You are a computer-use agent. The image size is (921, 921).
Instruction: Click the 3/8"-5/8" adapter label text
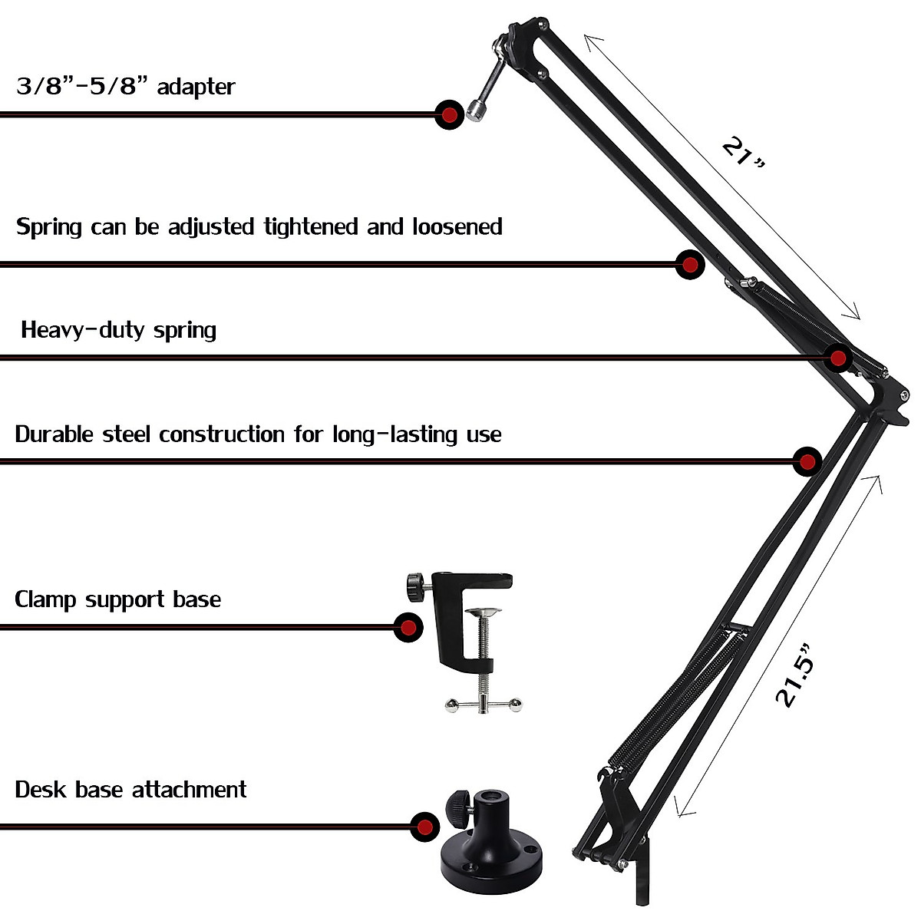tap(125, 87)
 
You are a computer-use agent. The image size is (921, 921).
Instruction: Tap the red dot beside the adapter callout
tap(449, 115)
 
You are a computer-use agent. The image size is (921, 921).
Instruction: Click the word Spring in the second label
tap(49, 228)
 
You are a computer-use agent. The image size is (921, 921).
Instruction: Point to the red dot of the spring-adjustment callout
tap(690, 265)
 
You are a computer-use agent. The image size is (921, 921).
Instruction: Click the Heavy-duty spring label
tap(118, 330)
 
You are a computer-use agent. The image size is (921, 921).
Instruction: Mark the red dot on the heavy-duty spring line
tap(838, 358)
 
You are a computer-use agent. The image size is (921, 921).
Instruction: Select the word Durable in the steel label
tap(54, 434)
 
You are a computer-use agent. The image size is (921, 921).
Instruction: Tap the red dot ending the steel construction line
tap(807, 461)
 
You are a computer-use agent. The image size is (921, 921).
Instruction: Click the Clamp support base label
tap(117, 599)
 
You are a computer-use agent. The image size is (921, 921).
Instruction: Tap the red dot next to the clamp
tap(408, 627)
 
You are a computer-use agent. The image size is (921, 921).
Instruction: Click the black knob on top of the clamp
tap(417, 587)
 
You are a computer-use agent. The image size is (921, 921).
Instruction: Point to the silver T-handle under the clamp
tap(484, 704)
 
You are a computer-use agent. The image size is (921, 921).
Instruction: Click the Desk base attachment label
tap(130, 790)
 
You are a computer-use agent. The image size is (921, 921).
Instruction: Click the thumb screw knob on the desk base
tap(457, 804)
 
